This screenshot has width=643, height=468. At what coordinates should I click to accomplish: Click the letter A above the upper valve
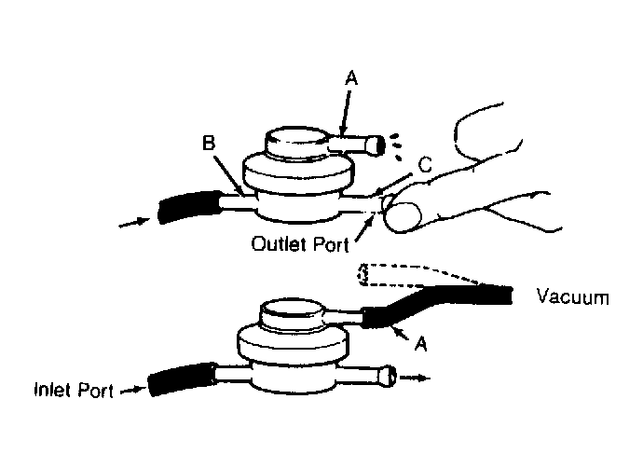tap(351, 78)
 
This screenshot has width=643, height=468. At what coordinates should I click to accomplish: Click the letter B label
tap(209, 144)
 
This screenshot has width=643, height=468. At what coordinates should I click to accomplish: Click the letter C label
tap(425, 164)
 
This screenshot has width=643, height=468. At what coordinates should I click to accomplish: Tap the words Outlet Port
tap(300, 244)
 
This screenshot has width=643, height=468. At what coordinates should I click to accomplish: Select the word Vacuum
tap(573, 296)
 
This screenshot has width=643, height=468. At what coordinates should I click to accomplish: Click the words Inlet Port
tap(74, 390)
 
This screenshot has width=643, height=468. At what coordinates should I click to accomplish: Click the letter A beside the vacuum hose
tap(420, 344)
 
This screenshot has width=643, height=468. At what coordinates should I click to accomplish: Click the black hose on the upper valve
tap(189, 207)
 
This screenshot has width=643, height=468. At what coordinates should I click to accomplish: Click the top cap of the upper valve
tap(296, 143)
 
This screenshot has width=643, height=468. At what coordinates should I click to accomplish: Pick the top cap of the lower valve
tap(292, 313)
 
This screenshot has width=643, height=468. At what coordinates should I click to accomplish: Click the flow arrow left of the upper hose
tap(134, 223)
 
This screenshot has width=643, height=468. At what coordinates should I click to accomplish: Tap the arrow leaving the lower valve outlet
tap(415, 378)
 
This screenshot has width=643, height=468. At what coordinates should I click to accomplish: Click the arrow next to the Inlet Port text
tap(133, 390)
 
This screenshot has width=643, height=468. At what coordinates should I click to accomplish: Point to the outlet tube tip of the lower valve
tap(388, 376)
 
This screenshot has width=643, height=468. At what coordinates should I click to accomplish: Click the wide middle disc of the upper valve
tap(297, 174)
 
